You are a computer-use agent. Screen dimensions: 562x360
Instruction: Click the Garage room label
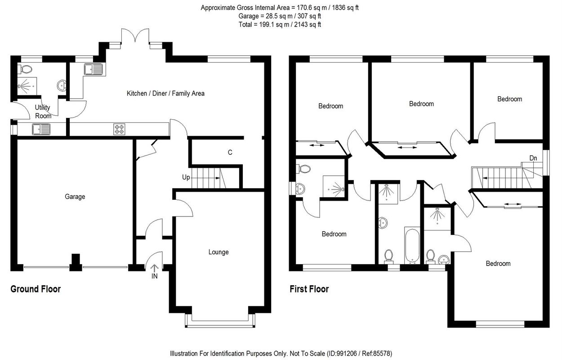(75, 197)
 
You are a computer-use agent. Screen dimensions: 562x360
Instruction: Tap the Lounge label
(219, 252)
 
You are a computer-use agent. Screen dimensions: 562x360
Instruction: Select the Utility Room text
(43, 112)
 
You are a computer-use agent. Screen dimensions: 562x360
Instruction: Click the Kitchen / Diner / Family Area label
(165, 94)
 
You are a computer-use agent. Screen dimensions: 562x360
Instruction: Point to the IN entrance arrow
(154, 269)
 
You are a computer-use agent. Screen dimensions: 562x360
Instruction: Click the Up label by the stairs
(186, 177)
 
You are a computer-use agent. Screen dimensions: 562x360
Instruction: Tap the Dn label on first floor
(533, 158)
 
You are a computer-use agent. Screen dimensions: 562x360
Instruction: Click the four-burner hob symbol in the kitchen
(120, 129)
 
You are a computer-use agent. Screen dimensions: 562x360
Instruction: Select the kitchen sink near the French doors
(94, 69)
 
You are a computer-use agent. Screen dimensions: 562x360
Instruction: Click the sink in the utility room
(41, 129)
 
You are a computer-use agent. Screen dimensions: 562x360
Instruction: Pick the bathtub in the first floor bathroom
(412, 245)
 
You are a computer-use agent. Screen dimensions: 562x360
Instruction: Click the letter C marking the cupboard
(230, 153)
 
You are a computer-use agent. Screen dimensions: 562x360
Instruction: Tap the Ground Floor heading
(36, 289)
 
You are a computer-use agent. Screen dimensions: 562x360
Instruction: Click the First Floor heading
(309, 289)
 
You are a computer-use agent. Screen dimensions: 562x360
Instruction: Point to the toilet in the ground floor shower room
(25, 69)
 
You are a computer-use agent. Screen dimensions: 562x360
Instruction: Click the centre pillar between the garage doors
(76, 262)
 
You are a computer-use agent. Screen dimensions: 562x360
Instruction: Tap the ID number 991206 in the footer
(347, 354)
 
